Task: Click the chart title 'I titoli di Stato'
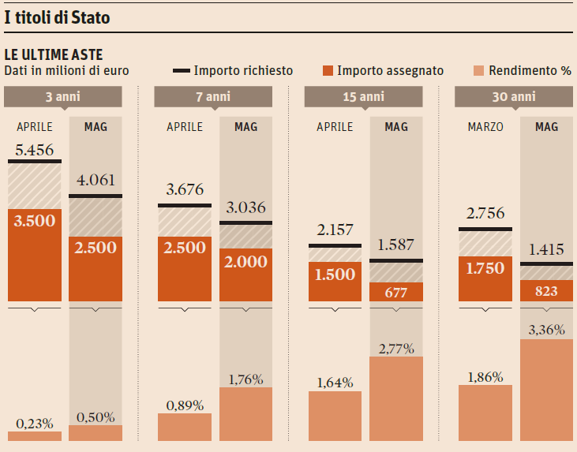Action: click(57, 17)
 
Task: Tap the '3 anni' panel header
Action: click(63, 97)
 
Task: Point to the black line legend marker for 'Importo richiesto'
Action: click(181, 71)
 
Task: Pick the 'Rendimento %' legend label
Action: click(530, 71)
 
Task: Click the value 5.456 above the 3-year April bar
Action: click(35, 150)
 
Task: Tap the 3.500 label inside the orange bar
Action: click(35, 220)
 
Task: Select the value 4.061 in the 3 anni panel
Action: click(96, 181)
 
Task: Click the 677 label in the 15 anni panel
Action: click(396, 291)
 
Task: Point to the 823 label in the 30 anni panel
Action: click(546, 291)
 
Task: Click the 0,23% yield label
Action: click(35, 423)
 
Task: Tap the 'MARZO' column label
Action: click(485, 127)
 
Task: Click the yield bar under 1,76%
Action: click(245, 414)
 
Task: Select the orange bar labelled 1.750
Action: click(485, 268)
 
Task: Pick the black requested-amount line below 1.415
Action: click(546, 263)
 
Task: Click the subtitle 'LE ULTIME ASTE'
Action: click(53, 54)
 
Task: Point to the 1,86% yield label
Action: click(485, 376)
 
